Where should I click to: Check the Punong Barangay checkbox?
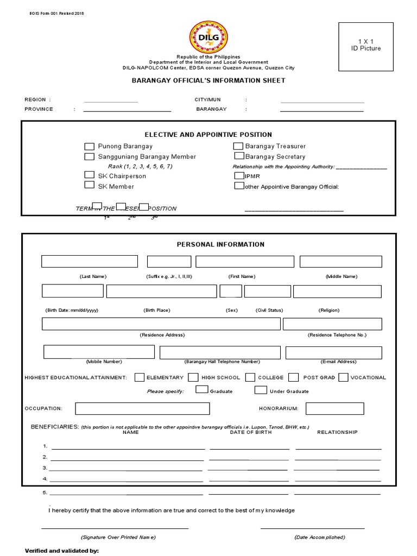[89, 146]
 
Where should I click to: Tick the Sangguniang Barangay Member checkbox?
[89, 156]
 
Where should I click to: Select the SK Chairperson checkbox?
[89, 175]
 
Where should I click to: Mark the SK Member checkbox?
[89, 185]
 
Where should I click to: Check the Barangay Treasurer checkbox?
[238, 146]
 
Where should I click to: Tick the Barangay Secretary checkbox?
[238, 156]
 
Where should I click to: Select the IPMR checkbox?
[239, 176]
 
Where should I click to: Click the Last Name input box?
[90, 261]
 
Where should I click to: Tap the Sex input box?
[231, 291]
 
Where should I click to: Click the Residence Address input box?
[161, 324]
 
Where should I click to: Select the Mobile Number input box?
[99, 352]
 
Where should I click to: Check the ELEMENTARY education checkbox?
[140, 377]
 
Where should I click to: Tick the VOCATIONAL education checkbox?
[343, 377]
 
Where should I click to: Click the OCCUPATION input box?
[142, 408]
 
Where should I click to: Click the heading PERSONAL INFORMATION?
[220, 244]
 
